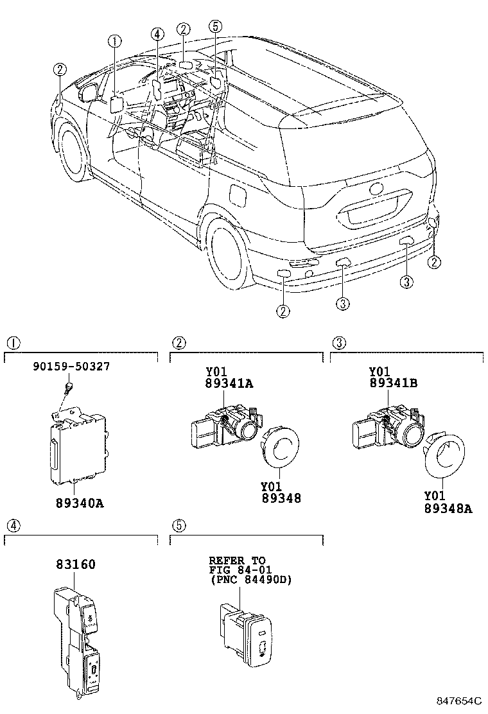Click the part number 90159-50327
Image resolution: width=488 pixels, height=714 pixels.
click(72, 367)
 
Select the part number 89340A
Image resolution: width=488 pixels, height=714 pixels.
click(78, 502)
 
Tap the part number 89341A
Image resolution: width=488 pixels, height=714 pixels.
click(229, 383)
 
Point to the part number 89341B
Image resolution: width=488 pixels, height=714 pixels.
click(394, 383)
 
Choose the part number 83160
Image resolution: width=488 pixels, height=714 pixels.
click(74, 564)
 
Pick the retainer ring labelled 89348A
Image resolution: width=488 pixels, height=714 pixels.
click(445, 453)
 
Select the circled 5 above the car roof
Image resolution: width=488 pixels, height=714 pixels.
click(216, 26)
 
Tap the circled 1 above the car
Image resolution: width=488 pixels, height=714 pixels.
click(115, 42)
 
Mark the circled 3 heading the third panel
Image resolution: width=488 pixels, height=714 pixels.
click(339, 342)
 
